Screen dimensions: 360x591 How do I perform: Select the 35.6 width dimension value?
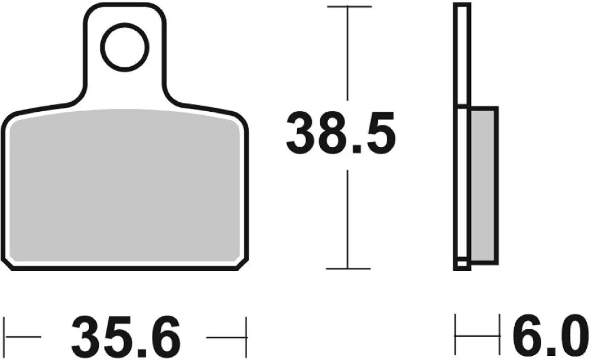point(126,337)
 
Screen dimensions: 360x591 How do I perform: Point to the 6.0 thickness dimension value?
point(551,337)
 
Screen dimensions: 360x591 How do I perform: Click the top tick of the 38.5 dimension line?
point(348,7)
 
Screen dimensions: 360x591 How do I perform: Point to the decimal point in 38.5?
point(356,149)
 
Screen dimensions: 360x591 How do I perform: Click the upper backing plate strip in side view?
point(463,54)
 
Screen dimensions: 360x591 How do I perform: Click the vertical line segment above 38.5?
point(348,54)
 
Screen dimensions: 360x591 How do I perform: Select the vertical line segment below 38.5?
point(348,220)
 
